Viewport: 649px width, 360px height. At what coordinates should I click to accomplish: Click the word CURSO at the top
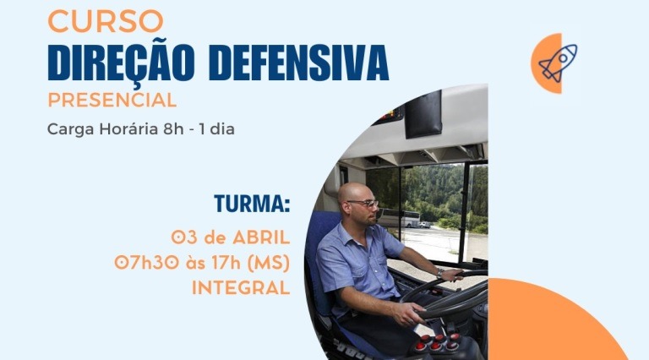pos(106,20)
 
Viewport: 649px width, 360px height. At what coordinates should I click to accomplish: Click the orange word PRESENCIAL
pos(112,100)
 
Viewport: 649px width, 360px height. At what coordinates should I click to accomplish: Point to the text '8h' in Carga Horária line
pos(173,129)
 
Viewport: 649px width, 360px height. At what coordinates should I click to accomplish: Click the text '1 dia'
pos(216,129)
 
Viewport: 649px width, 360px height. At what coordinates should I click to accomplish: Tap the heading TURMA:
pos(252,204)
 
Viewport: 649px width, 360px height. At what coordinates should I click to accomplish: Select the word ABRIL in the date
pos(261,238)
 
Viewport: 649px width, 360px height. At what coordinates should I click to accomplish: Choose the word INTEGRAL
pos(241,287)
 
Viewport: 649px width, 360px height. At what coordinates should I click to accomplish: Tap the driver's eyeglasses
pos(363,203)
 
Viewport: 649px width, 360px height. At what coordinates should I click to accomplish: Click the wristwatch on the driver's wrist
pos(440,273)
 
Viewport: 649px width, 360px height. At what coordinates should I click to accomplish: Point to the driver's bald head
pos(354,193)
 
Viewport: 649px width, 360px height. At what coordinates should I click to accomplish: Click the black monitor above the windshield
pos(423,115)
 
